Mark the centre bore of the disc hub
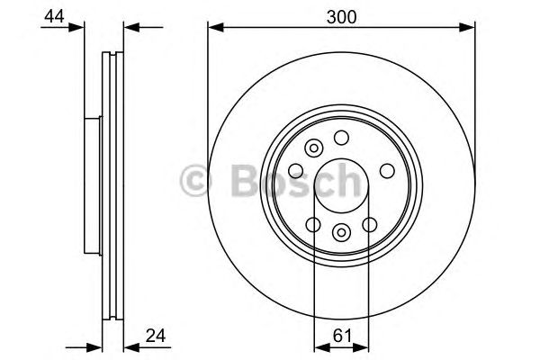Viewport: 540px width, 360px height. pyautogui.click(x=341, y=184)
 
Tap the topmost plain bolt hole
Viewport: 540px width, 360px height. pyautogui.click(x=341, y=137)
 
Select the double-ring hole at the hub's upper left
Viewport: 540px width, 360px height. pyautogui.click(x=314, y=149)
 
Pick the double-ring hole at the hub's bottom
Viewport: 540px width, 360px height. pyautogui.click(x=341, y=233)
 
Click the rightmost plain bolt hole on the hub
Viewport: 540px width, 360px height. pyautogui.click(x=386, y=169)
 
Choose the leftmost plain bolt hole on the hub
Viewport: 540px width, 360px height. pyautogui.click(x=296, y=170)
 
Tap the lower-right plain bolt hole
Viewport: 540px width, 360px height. pyautogui.click(x=369, y=224)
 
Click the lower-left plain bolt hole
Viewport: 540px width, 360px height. pyautogui.click(x=313, y=224)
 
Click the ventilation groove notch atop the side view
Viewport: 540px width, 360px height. pyautogui.click(x=112, y=55)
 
